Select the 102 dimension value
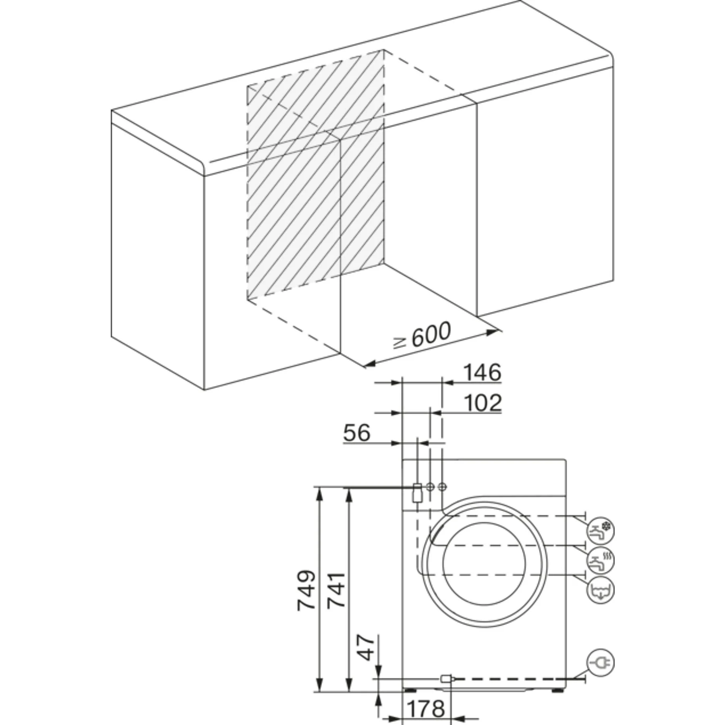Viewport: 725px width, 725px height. click(483, 403)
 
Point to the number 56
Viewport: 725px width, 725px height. click(356, 433)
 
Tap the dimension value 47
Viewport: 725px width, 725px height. click(366, 648)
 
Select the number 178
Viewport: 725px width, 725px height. click(426, 708)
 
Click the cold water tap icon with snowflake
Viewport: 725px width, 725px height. click(601, 530)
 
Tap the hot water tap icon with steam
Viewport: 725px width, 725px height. click(601, 560)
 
